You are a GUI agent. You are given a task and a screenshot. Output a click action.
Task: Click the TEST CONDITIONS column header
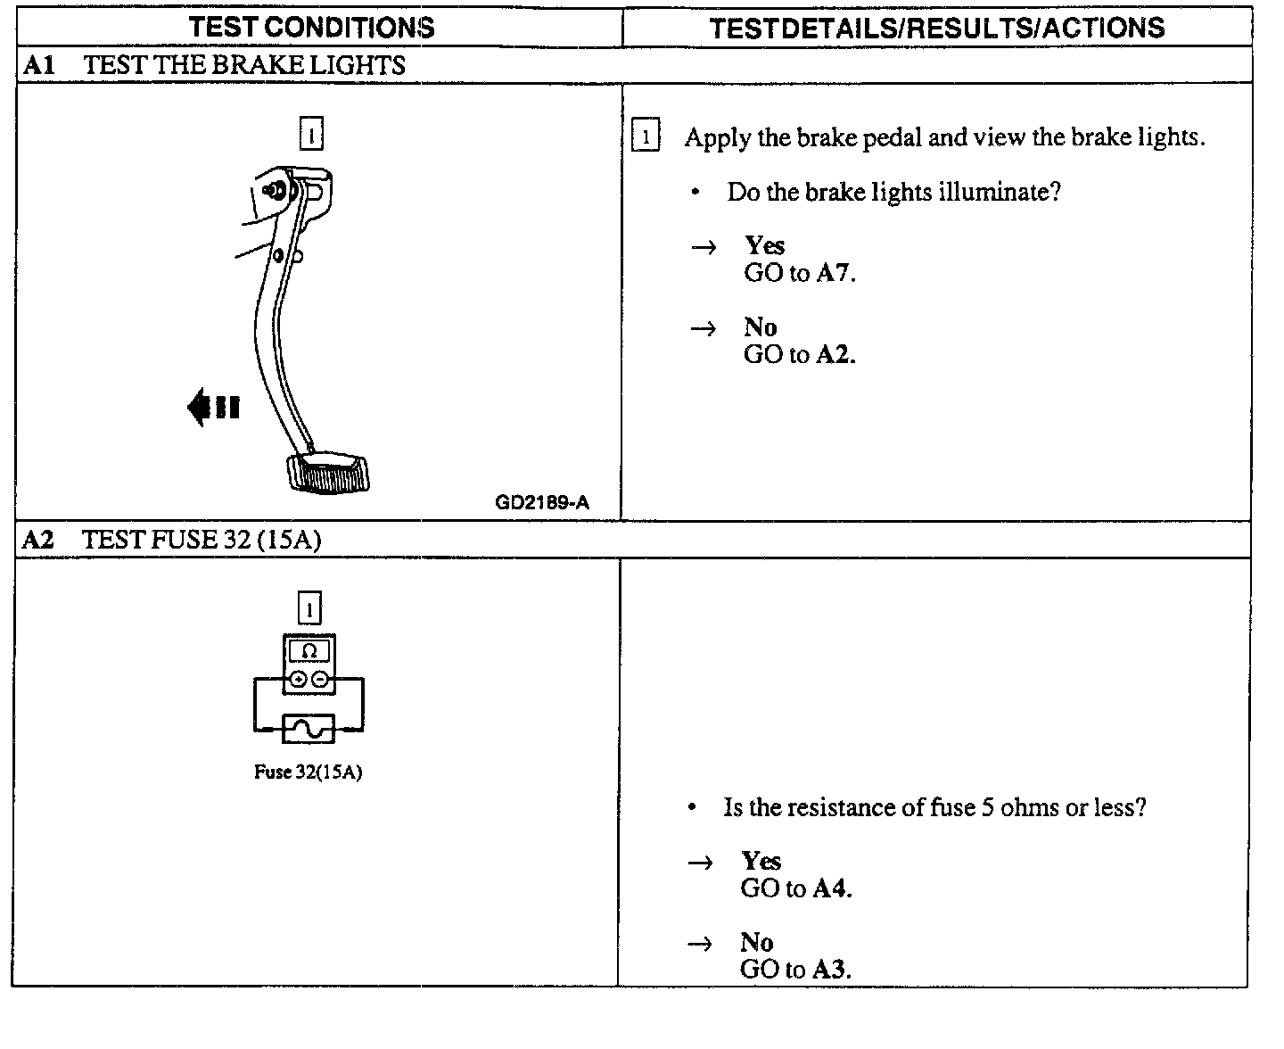[x=311, y=27]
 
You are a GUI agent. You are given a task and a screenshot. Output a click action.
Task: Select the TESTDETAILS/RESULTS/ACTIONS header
[x=936, y=28]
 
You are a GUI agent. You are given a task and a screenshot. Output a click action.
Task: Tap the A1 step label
[x=39, y=65]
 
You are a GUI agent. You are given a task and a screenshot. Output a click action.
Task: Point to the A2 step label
[x=38, y=540]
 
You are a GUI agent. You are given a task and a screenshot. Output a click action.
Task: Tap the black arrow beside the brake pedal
[x=213, y=408]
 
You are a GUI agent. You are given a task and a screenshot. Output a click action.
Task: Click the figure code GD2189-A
[x=542, y=502]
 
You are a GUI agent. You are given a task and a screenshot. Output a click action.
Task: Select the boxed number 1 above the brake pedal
[x=311, y=134]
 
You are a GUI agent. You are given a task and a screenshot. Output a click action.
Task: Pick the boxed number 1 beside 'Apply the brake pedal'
[x=645, y=137]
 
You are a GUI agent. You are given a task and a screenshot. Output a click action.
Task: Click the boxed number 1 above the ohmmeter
[x=309, y=608]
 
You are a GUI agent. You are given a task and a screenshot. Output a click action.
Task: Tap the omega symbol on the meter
[x=309, y=651]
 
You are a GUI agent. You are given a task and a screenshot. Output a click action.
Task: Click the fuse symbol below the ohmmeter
[x=309, y=729]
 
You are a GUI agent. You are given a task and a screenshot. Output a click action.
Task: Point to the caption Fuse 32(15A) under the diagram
[x=308, y=772]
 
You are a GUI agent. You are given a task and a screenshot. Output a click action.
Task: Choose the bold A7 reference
[x=835, y=273]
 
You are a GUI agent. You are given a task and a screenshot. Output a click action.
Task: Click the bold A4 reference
[x=832, y=888]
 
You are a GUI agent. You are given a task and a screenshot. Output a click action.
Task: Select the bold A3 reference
[x=831, y=970]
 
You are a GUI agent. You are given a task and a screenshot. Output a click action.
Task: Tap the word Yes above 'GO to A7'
[x=764, y=245]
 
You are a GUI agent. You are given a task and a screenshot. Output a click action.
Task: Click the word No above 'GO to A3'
[x=756, y=942]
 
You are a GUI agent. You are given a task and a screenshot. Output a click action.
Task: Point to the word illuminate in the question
[x=996, y=192]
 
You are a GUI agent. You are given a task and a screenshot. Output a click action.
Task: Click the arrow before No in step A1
[x=704, y=328]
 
